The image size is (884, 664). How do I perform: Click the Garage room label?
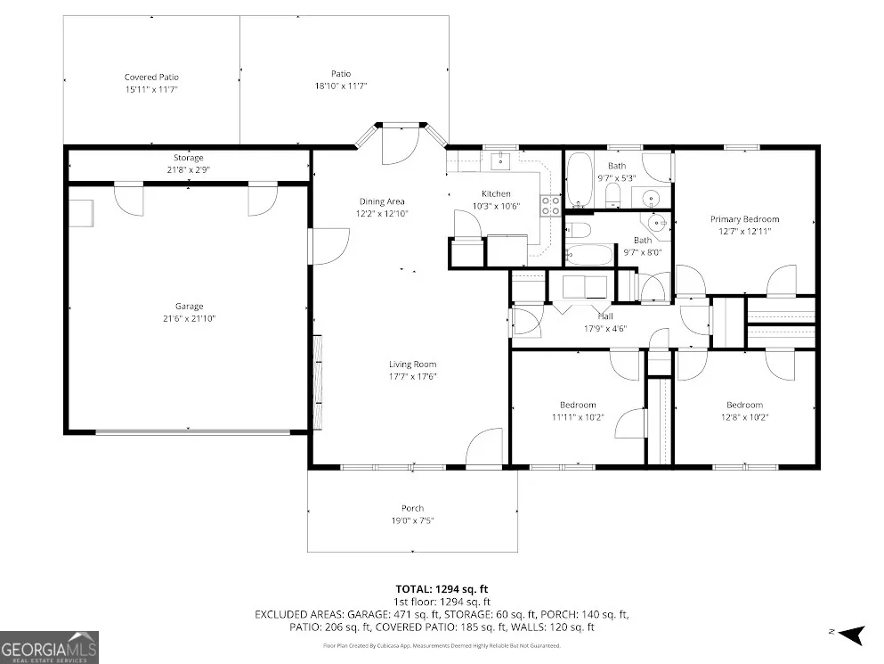[189, 307]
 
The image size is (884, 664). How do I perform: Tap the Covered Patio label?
[151, 78]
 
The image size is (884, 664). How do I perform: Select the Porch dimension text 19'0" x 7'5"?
[413, 521]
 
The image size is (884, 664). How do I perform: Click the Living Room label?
[413, 365]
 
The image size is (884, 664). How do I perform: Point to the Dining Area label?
[382, 201]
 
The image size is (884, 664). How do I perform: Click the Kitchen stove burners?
[551, 206]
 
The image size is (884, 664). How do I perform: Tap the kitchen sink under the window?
[500, 161]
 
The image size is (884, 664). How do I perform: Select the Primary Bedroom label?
[745, 219]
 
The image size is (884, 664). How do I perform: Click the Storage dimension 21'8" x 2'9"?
[189, 169]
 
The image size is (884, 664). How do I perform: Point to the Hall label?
[605, 316]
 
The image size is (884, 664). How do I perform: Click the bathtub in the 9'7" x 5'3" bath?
[579, 179]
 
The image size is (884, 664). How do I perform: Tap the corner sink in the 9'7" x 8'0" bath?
[657, 223]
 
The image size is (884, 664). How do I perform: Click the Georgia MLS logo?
[49, 647]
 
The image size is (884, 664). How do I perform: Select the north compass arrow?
[852, 635]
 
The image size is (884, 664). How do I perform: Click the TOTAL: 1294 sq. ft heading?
[442, 589]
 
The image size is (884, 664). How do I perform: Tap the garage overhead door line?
[193, 432]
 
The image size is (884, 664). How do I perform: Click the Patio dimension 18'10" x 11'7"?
[341, 86]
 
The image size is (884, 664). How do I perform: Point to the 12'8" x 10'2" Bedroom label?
[745, 405]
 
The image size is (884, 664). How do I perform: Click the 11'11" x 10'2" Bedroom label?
[578, 405]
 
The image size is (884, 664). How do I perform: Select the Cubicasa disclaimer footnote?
[442, 645]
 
